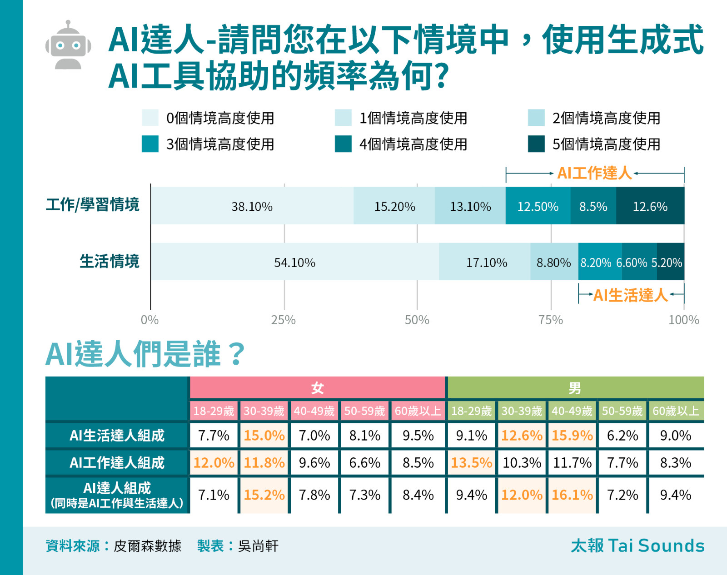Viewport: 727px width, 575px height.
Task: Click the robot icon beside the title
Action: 68,45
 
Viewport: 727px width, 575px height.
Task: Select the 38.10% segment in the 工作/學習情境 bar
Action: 252,206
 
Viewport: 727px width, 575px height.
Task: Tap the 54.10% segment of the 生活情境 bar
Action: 294,262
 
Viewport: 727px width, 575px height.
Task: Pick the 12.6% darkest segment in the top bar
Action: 650,206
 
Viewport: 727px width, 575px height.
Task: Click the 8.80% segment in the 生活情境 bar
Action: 554,262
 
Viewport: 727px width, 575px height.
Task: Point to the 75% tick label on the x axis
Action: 551,320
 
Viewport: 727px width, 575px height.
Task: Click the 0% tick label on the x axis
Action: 149,320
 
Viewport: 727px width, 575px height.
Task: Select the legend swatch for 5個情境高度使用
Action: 536,144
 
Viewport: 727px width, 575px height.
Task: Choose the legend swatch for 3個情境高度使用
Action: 150,144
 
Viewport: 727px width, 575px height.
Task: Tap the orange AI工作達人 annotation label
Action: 594,173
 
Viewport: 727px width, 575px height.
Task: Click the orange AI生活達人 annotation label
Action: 630,295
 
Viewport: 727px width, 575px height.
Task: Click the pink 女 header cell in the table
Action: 317,388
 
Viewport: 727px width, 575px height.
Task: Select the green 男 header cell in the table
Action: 575,388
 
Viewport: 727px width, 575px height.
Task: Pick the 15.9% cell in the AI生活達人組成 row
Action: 572,436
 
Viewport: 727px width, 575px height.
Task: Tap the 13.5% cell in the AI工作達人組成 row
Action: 471,463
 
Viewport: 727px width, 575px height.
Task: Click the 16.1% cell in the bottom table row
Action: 572,495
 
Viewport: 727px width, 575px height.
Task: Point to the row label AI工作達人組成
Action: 117,463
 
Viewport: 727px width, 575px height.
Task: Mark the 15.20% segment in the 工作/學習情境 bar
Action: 394,206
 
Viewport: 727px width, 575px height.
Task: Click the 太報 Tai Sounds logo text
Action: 637,545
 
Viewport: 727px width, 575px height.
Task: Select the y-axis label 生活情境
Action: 110,262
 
